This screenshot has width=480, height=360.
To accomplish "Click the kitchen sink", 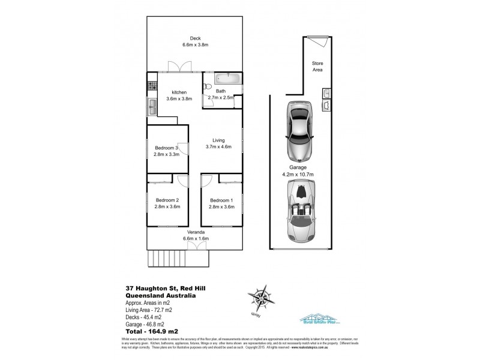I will click(152, 107).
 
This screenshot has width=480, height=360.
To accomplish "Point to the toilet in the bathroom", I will click(207, 86).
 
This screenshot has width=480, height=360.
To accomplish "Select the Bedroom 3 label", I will click(166, 151).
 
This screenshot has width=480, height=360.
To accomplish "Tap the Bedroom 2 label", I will click(168, 203).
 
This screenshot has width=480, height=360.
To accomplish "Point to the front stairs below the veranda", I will click(178, 259).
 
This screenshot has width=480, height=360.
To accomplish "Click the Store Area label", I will click(317, 67).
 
